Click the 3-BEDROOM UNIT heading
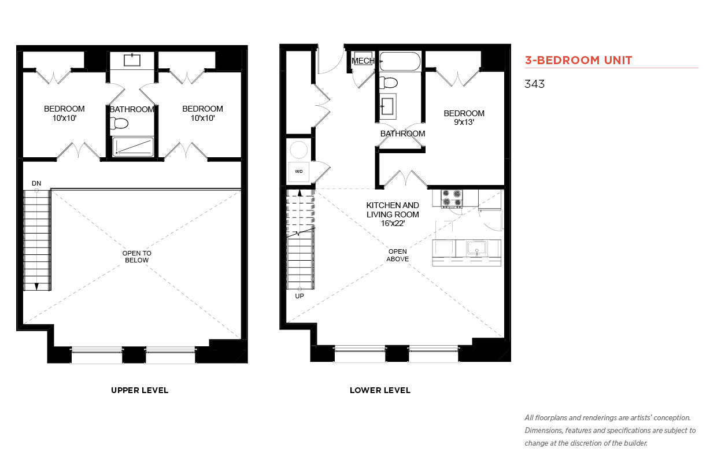click(578, 60)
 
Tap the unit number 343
click(534, 84)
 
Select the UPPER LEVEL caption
click(139, 390)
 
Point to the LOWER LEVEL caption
click(380, 390)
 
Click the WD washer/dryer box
click(298, 172)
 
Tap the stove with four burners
click(452, 198)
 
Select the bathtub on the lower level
click(400, 61)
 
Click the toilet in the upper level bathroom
click(119, 123)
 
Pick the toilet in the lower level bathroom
click(389, 83)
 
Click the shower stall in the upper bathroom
click(133, 147)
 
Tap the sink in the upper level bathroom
click(132, 60)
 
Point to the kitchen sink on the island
click(476, 247)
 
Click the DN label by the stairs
click(36, 183)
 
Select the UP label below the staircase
click(299, 296)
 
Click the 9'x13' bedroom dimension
click(464, 122)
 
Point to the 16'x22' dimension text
click(393, 224)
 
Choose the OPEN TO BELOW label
click(137, 257)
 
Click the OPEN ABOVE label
click(397, 255)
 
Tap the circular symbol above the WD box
click(298, 150)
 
